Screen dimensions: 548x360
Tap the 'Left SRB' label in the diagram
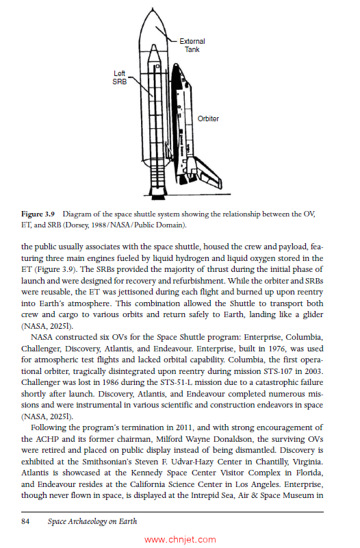[x=119, y=77]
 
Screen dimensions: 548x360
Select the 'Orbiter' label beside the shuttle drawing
[x=208, y=119]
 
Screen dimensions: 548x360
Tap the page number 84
[x=27, y=521]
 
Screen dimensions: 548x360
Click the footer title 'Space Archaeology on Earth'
[x=92, y=521]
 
